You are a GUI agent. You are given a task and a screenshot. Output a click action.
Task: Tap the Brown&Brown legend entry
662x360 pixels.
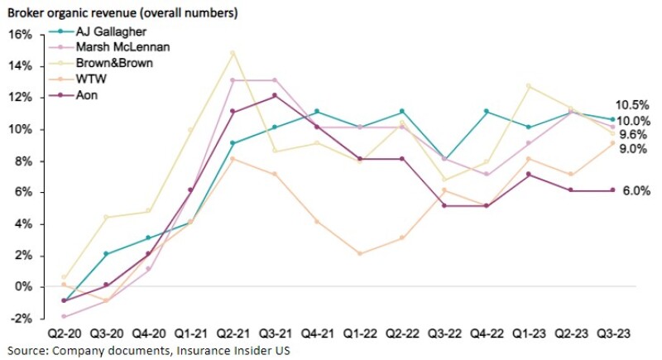pyautogui.click(x=114, y=62)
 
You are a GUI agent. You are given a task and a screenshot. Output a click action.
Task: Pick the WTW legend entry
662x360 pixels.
pyautogui.click(x=94, y=78)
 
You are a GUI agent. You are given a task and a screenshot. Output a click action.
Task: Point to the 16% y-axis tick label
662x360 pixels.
pyautogui.click(x=19, y=35)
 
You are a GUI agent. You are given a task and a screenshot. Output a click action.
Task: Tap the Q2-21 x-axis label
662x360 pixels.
pyautogui.click(x=233, y=333)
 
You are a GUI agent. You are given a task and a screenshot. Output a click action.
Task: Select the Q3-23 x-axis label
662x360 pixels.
pyautogui.click(x=612, y=333)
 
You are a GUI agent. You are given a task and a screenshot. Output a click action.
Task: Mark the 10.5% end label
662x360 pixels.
pyautogui.click(x=633, y=105)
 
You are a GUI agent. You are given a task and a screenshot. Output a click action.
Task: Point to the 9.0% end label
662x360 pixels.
pyautogui.click(x=633, y=149)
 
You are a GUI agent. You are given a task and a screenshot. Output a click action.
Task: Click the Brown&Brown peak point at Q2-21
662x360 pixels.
pyautogui.click(x=233, y=53)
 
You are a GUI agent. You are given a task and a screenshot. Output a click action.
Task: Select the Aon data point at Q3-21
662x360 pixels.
pyautogui.click(x=275, y=95)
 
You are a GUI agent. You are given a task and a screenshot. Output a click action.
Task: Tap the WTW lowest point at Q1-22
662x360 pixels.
pyautogui.click(x=359, y=253)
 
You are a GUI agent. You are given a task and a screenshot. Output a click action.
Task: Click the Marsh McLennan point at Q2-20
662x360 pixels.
pyautogui.click(x=64, y=316)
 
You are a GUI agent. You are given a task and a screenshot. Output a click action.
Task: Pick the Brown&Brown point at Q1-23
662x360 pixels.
pyautogui.click(x=528, y=86)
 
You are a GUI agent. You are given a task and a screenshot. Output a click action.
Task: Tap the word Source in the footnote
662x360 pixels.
pyautogui.click(x=26, y=349)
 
